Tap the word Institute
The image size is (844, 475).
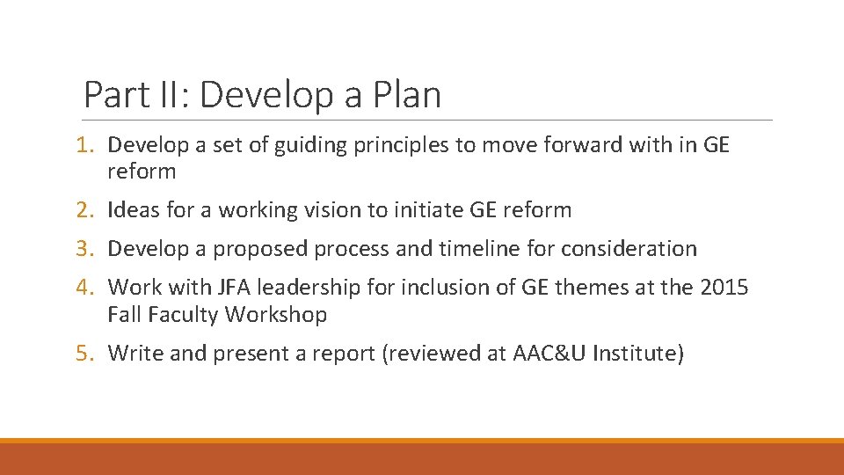[x=633, y=354]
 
